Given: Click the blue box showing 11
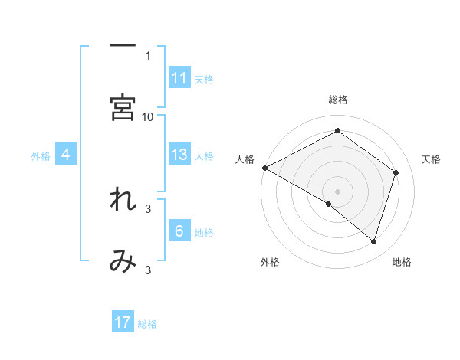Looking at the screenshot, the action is pos(179,78).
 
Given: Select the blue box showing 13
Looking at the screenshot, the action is pos(179,155).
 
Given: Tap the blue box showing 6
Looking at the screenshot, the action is pos(179,231).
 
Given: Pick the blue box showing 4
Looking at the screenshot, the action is pos(66,155).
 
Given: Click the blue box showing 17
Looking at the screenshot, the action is pos(123,322).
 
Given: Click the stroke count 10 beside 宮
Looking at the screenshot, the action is pos(148,116).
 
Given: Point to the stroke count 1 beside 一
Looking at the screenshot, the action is pos(148,55).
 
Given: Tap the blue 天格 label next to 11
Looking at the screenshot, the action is pos(204,79).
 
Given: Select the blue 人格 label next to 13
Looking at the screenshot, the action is pos(204,155).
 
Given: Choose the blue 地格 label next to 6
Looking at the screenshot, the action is pos(204,232).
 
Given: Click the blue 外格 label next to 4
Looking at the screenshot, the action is pos(41,155).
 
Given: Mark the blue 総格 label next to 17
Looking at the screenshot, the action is pos(147,323).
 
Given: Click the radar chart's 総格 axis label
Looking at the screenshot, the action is pos(337,100).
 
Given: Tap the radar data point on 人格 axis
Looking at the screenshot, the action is pos(264,167).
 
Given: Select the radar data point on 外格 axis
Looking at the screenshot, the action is pos(329,204).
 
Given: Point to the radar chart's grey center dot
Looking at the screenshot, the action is pos(337,190).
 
